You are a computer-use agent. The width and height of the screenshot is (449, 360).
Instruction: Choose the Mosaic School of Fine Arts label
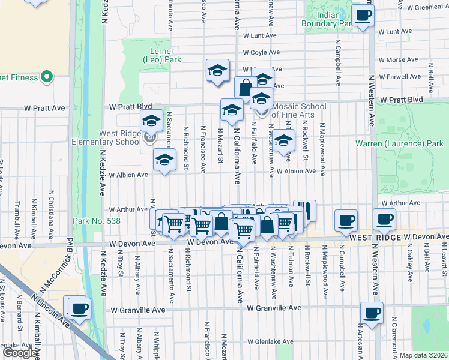coord(298,110)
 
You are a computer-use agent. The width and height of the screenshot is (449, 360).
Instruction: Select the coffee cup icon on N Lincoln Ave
coord(79,309)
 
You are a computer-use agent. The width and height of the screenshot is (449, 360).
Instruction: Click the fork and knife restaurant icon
coord(304,211)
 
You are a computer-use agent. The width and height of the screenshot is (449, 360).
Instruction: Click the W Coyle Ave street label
coord(259,52)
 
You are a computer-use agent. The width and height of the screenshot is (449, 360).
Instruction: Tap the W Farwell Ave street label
coord(399,77)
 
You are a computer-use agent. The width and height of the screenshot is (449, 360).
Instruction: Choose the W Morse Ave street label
coord(399,61)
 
